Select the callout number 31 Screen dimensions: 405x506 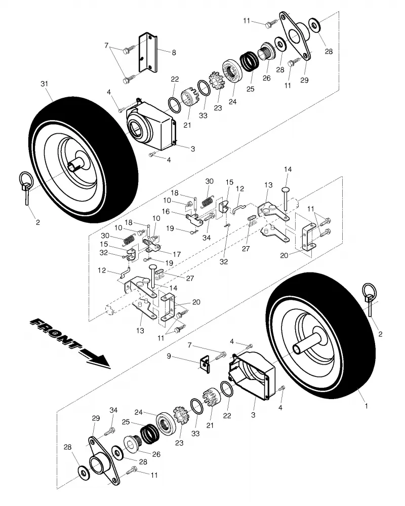(44, 84)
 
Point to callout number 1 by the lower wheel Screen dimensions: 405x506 (367, 406)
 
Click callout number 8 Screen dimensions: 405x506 (174, 53)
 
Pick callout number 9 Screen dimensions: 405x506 (169, 356)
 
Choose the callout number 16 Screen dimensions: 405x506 (166, 212)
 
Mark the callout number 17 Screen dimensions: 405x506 (177, 254)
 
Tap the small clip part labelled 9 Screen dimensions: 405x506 (205, 364)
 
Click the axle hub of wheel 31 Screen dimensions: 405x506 (77, 164)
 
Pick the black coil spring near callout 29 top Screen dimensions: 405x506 (249, 61)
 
